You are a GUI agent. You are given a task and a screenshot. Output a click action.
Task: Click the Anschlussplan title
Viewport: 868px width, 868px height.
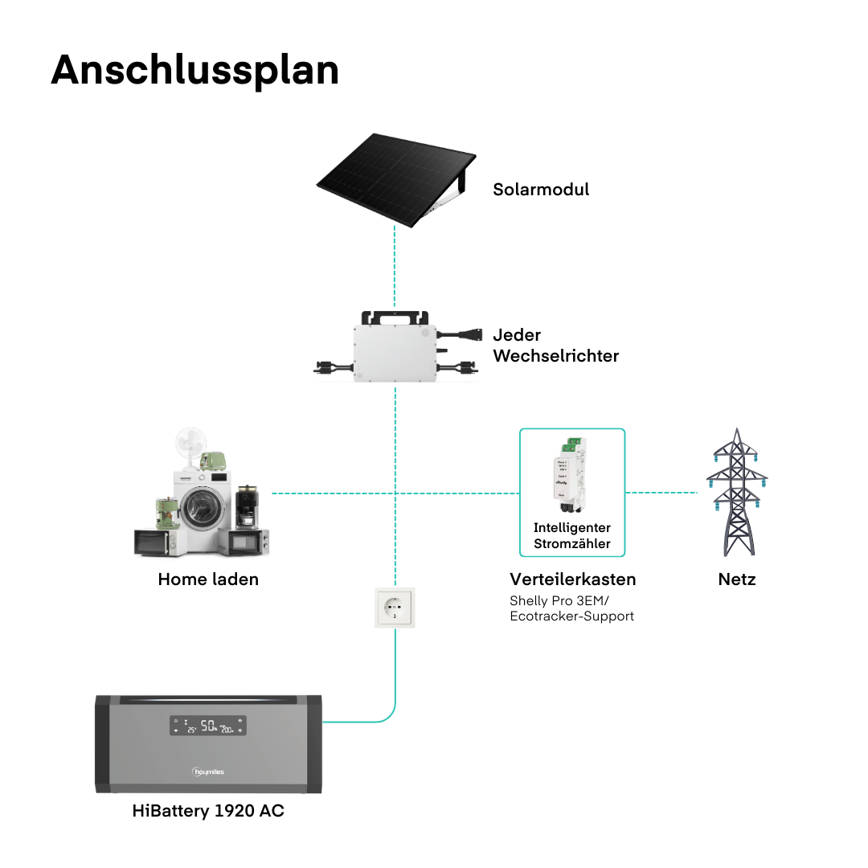click(194, 70)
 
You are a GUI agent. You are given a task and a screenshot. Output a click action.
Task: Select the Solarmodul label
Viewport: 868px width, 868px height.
click(541, 190)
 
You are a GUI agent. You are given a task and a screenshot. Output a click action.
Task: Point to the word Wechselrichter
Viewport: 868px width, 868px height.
click(555, 355)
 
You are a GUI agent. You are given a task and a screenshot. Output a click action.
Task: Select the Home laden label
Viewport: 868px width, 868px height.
click(208, 579)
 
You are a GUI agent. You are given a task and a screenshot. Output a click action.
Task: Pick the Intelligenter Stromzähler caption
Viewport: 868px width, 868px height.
click(572, 536)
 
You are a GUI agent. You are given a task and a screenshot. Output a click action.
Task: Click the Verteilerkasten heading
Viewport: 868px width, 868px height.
click(572, 579)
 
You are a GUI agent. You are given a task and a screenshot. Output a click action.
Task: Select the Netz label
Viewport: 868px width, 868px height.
click(737, 579)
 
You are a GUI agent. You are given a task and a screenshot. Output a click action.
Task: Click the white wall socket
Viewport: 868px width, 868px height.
click(395, 607)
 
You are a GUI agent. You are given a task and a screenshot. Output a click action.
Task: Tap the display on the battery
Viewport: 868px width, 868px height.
click(207, 726)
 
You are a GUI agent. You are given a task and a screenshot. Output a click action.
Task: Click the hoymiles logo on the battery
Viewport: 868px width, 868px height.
click(208, 772)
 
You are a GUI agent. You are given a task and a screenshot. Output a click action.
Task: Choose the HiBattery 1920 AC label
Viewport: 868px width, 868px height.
click(208, 811)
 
